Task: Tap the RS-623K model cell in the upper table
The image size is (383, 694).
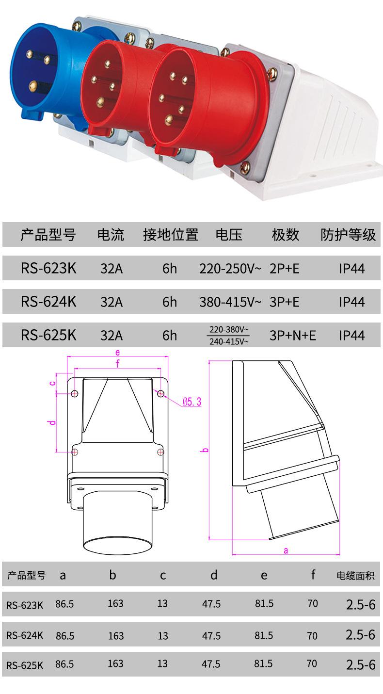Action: [48, 268]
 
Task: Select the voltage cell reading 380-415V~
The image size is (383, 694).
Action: [230, 302]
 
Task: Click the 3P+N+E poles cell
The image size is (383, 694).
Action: [292, 335]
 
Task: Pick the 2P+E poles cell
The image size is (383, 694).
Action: [285, 268]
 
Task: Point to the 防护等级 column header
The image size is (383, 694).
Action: [348, 235]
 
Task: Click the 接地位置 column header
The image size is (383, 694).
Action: [170, 235]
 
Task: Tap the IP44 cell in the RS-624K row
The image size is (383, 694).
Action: [351, 302]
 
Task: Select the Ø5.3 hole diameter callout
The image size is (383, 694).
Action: [191, 402]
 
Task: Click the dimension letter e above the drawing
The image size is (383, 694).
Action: [117, 353]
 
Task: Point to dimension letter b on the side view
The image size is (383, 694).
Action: [205, 450]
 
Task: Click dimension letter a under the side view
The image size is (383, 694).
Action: [286, 550]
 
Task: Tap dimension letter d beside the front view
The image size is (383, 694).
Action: [52, 422]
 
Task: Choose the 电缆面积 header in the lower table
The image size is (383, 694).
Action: [355, 576]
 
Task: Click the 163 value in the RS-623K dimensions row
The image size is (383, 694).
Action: [115, 604]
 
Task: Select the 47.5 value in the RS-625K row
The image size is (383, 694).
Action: [211, 663]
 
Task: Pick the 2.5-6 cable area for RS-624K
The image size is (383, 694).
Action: [360, 635]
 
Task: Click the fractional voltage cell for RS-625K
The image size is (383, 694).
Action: [229, 336]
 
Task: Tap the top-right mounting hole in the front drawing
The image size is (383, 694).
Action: [160, 394]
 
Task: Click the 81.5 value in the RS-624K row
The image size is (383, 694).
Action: [264, 635]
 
